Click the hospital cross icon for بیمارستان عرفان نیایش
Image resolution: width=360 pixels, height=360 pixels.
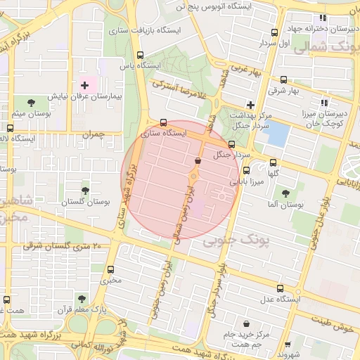pyautogui.click(x=84, y=84)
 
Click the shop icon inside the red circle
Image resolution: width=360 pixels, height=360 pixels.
pyautogui.click(x=196, y=161)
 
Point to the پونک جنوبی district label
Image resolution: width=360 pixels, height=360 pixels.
pyautogui.click(x=236, y=241)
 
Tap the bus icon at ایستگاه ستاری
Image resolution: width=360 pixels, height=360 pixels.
pyautogui.click(x=164, y=122)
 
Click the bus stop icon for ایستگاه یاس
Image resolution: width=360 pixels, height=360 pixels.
pyautogui.click(x=140, y=55)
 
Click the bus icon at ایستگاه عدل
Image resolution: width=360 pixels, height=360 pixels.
pyautogui.click(x=281, y=288)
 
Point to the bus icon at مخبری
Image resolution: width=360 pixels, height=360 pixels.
pyautogui.click(x=110, y=269)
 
